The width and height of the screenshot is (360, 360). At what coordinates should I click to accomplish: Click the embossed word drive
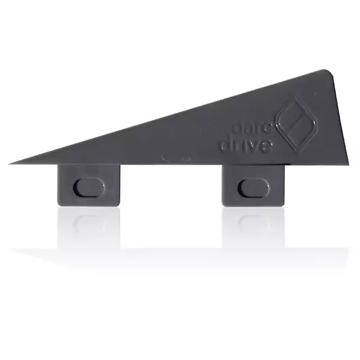(245, 146)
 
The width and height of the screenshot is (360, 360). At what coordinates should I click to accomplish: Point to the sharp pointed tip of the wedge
(11, 163)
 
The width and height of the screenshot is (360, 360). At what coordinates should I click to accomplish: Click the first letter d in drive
(224, 145)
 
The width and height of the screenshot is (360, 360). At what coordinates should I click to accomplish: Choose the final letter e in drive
(266, 147)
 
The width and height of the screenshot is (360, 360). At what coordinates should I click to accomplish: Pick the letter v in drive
(252, 147)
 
